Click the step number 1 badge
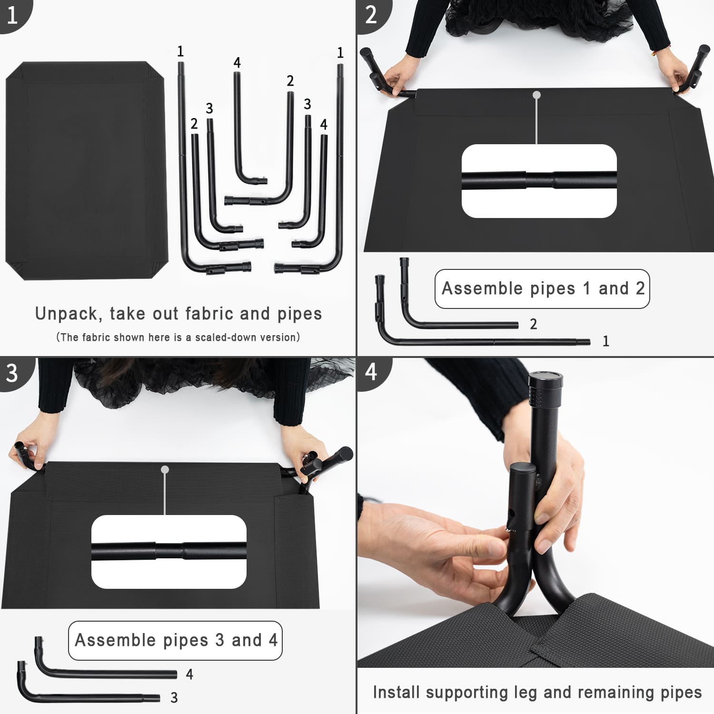tap(13, 14)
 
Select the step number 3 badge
tap(13, 373)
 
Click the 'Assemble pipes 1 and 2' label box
tap(542, 289)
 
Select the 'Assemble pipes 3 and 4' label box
tap(175, 641)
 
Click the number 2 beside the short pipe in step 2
tap(534, 324)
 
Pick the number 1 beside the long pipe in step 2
tap(606, 341)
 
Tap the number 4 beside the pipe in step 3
tap(189, 674)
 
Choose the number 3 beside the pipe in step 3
tap(174, 698)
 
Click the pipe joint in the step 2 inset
tap(539, 181)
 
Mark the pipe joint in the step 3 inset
tap(169, 551)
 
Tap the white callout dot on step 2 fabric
tap(537, 95)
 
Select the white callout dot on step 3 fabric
tap(165, 470)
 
